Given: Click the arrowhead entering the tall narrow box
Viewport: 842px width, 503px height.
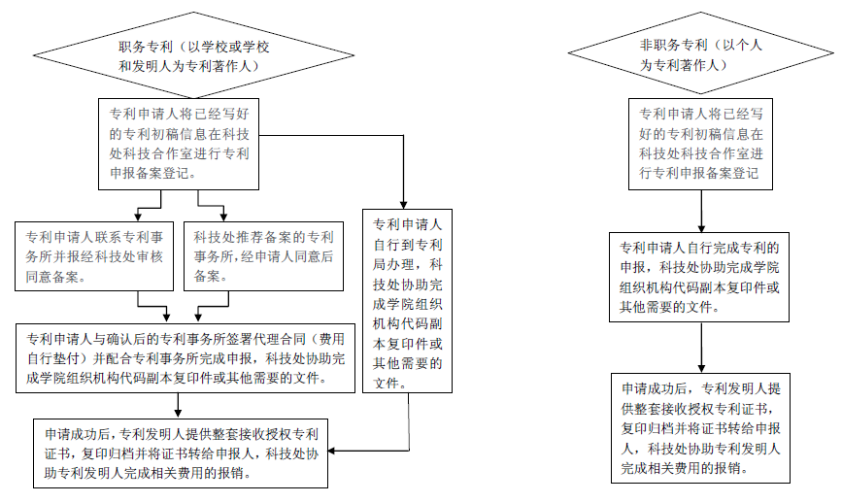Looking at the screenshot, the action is tap(403, 205).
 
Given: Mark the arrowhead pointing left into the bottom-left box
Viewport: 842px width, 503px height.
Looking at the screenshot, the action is tap(332, 451).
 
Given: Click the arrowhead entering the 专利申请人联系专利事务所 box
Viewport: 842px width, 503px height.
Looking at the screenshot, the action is tap(138, 218).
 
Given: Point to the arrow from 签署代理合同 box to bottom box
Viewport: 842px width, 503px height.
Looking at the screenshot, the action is tap(178, 406).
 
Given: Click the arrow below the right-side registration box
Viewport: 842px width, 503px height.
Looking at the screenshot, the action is tap(701, 211).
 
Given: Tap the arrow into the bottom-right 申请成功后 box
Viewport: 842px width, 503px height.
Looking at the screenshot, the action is tap(701, 348).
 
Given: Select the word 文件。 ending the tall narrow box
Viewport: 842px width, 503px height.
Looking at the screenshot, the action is tap(390, 383).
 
